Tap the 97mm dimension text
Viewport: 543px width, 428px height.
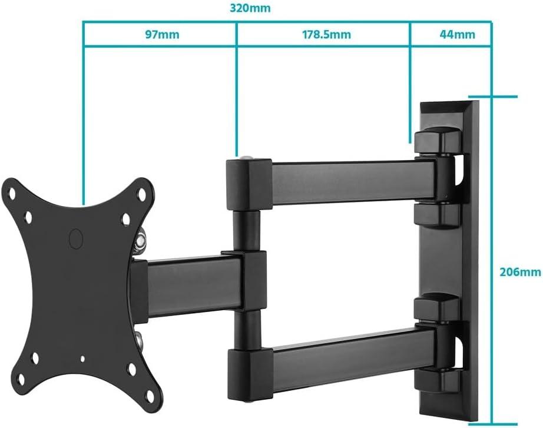point(162,34)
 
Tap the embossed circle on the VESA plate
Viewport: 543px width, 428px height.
point(76,238)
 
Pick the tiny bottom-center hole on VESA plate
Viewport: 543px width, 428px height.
point(82,359)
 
